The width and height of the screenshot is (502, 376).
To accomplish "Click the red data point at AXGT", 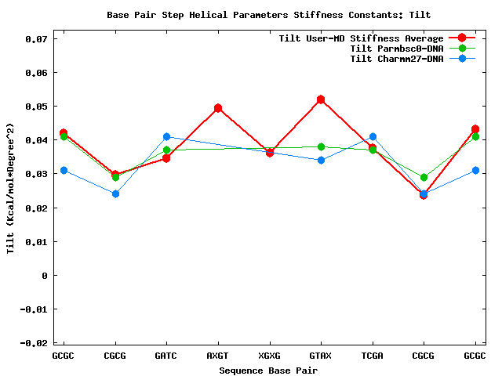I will tap(218, 108).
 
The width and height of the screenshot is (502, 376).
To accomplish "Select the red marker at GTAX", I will tap(321, 99).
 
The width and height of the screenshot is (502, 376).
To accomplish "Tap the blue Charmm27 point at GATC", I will tap(166, 137).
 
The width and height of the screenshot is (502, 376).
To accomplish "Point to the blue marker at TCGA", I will tap(373, 137).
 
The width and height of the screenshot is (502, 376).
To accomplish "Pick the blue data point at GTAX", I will tap(321, 161).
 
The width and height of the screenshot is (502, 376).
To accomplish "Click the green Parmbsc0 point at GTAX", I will tap(321, 146).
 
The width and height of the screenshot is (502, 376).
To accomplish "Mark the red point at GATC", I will tap(166, 158).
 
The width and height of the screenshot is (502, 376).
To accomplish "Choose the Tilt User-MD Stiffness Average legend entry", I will tap(361, 38).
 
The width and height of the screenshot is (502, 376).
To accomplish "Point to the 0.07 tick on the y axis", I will tap(35, 38).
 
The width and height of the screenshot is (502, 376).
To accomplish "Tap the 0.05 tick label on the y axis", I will tap(35, 107).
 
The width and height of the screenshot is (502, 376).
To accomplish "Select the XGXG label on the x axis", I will tap(269, 356).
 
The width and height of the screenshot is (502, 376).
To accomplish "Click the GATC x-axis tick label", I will tap(166, 356).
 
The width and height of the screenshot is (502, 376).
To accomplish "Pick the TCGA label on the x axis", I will tap(373, 356).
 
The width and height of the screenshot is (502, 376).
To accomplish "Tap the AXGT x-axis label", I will tap(218, 356).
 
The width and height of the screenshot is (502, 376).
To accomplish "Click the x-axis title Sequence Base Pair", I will tap(268, 370).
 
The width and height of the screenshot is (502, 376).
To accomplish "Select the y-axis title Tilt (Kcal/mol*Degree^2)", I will tap(10, 188).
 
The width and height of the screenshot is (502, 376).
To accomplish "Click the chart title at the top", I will tap(268, 15).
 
